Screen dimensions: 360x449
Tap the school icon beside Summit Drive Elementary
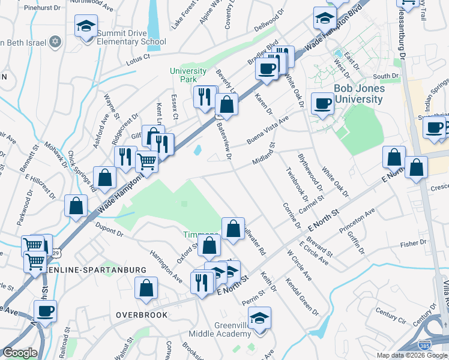coord(86,27)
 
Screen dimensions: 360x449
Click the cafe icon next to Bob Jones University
coord(322,103)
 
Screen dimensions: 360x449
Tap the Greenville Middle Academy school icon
coord(259,317)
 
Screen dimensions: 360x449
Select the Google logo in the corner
coord(20,353)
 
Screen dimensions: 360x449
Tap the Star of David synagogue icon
coord(55,42)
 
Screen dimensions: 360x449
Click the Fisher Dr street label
coord(414,244)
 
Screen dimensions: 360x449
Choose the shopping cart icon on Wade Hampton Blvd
coord(146,161)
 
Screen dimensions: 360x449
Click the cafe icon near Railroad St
coord(45,311)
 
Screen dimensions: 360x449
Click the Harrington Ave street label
coord(166,266)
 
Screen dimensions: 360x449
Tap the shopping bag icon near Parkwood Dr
coord(76,206)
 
